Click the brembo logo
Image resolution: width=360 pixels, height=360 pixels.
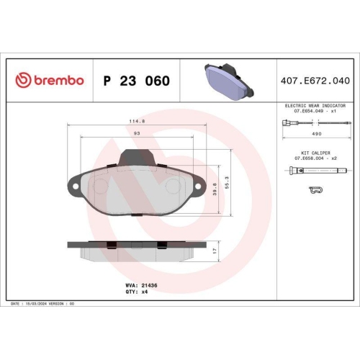pyautogui.click(x=50, y=80)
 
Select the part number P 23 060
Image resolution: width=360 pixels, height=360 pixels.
pyautogui.click(x=137, y=81)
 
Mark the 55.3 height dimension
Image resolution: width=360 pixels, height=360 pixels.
pyautogui.click(x=227, y=184)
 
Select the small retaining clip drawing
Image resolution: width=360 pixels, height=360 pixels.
pyautogui.click(x=315, y=191)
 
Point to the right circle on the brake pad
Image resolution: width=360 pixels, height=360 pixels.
pyautogui.click(x=174, y=186)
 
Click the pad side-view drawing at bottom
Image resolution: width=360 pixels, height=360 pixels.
pyautogui.click(x=137, y=251)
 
